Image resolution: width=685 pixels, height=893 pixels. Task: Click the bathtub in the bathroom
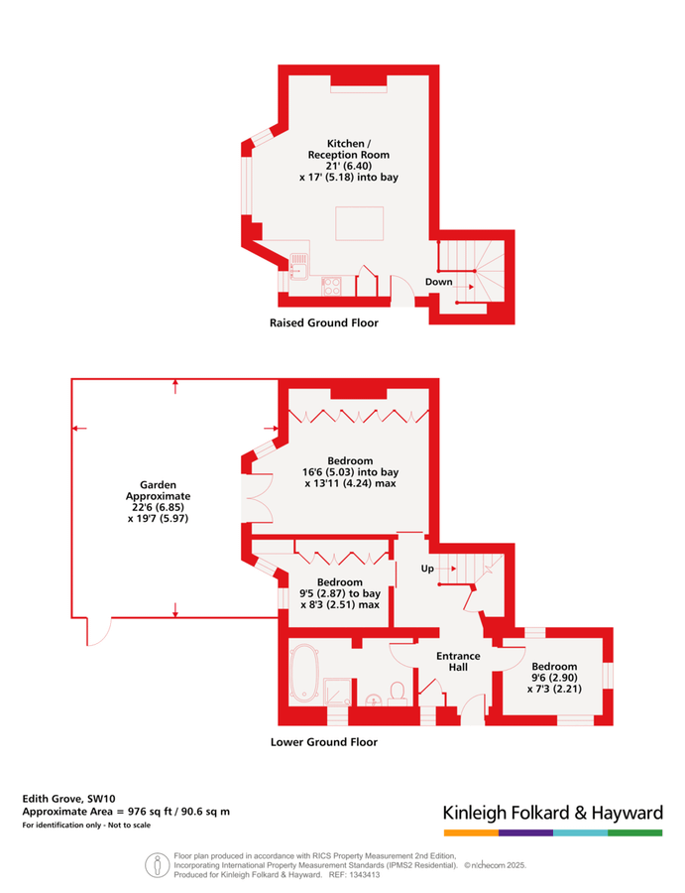point(303,673)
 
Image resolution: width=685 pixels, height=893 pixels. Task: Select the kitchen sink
point(299,267)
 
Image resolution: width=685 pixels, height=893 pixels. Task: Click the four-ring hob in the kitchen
point(331,286)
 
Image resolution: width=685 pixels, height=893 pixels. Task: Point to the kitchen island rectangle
point(359,224)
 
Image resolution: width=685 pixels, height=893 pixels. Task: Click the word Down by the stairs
point(438,282)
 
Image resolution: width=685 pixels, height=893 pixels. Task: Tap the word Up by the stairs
point(427,569)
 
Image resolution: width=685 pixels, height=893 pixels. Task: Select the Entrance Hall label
point(458,661)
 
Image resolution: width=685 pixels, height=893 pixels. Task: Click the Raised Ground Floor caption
point(324,322)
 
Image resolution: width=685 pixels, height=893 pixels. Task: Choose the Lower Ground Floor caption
point(324,742)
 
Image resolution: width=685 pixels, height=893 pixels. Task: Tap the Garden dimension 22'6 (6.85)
point(159,507)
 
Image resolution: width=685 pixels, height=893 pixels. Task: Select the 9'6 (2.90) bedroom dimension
point(554,678)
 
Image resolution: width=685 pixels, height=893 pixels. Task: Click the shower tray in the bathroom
point(339,692)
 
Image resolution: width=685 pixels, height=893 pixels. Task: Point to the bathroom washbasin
point(373,700)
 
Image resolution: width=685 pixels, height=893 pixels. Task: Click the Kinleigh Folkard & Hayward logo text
point(553,813)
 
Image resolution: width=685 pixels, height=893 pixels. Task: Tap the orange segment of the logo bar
point(471,832)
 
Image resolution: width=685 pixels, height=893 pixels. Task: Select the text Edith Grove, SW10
point(68,799)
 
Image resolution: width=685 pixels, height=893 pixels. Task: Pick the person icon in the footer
point(157,865)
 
